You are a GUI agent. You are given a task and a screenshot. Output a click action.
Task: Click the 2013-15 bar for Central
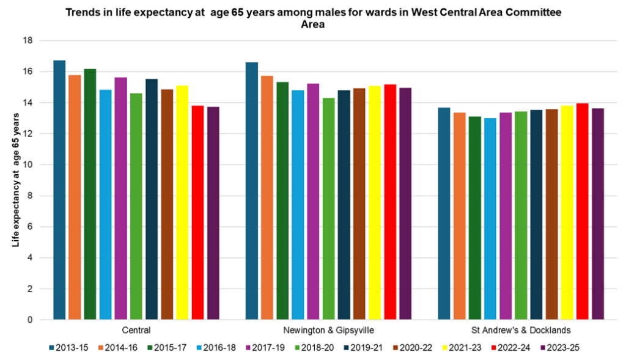pos(59,190)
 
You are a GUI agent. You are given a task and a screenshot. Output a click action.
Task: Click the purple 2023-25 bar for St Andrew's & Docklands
pos(598,214)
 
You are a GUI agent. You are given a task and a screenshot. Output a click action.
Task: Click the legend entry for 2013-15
pos(67,347)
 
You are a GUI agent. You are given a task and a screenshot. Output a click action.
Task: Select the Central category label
pos(136,330)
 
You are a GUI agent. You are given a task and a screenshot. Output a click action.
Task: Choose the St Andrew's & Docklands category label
pos(521,330)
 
